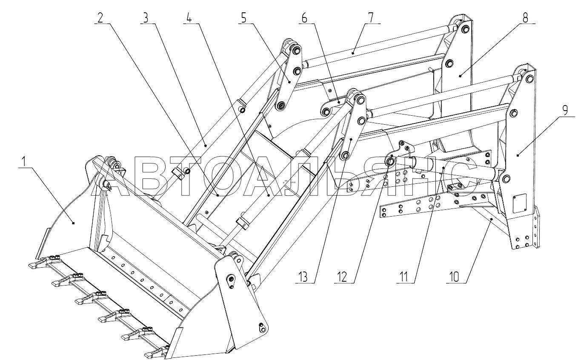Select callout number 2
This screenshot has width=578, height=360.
[100, 17]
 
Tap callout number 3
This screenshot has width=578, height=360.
[146, 17]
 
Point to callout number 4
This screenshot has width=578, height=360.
[189, 17]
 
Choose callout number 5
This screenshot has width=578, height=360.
[243, 17]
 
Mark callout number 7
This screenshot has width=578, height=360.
[371, 17]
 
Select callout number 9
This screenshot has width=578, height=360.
[564, 110]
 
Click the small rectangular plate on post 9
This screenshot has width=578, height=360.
[520, 203]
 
